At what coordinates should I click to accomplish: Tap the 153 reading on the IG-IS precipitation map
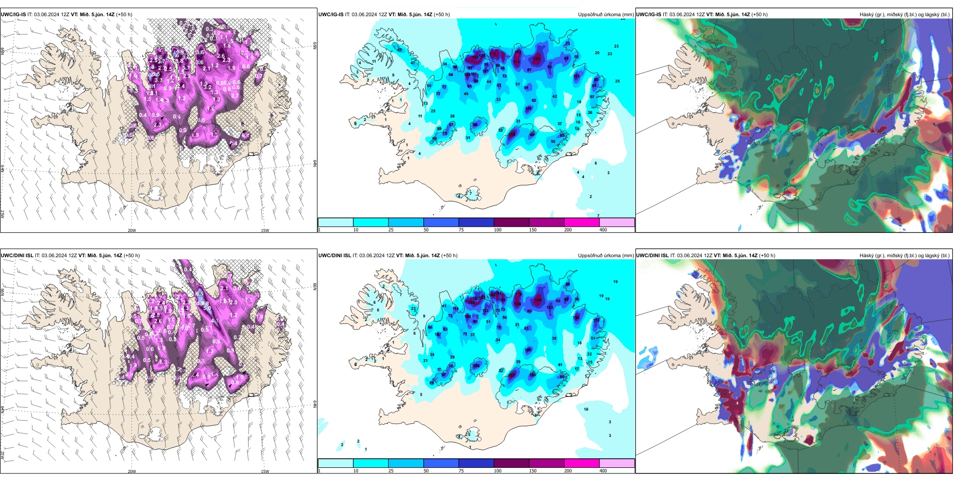537,59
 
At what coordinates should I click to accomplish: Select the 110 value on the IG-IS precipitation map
529,109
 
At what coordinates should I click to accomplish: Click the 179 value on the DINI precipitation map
518,294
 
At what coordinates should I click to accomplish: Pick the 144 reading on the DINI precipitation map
538,300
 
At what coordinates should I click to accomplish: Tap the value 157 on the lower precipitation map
512,375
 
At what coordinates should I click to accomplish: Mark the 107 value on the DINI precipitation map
438,335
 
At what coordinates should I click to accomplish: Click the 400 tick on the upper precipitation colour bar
603,230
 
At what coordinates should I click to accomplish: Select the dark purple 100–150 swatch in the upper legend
511,222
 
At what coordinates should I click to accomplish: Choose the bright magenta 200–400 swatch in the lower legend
581,463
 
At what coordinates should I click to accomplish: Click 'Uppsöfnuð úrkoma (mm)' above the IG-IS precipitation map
606,15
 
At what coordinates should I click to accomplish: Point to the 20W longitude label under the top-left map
132,230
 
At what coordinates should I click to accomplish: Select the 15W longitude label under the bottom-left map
265,471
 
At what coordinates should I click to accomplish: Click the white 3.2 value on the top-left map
208,87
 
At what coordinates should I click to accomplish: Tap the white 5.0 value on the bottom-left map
207,308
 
